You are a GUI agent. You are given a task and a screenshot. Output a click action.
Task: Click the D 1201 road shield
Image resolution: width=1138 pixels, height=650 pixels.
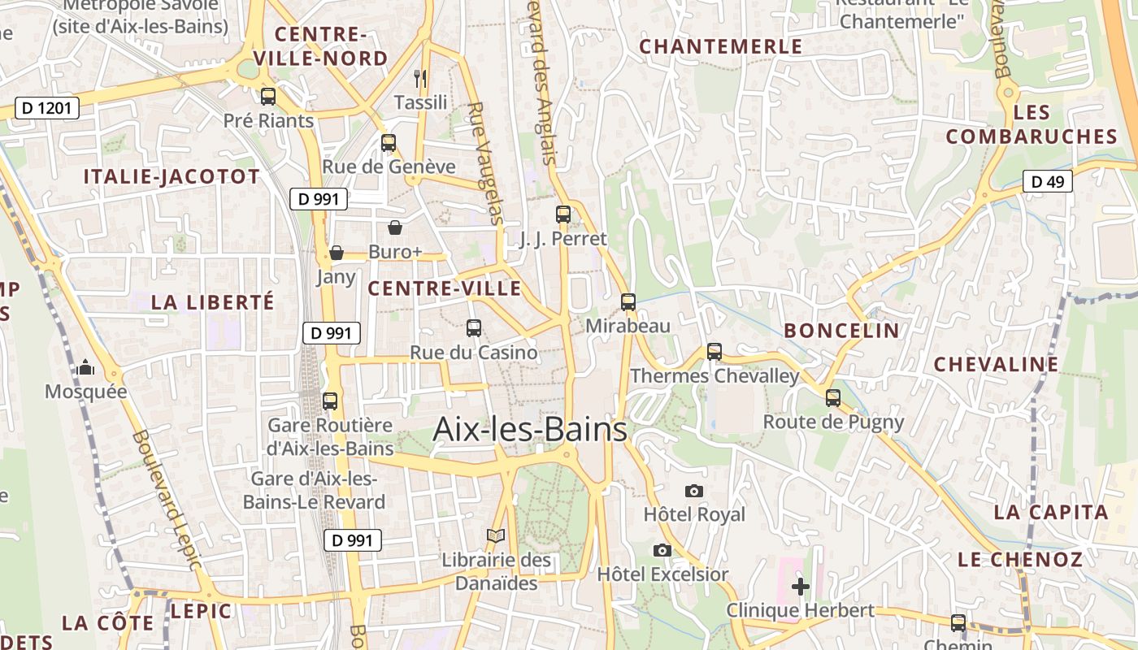pyautogui.click(x=47, y=108)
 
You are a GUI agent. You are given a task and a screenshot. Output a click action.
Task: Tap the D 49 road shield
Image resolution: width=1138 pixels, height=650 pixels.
pyautogui.click(x=1047, y=181)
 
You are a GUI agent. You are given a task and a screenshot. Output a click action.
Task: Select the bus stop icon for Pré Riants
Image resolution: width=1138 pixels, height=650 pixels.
pyautogui.click(x=268, y=97)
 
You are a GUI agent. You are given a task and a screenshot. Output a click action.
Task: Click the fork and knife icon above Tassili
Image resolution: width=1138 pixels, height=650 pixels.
pyautogui.click(x=420, y=79)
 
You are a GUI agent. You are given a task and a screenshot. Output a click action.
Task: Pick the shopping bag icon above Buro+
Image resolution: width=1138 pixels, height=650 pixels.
pyautogui.click(x=395, y=227)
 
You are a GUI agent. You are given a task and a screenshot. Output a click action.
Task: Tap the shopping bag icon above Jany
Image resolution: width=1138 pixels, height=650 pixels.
pyautogui.click(x=336, y=253)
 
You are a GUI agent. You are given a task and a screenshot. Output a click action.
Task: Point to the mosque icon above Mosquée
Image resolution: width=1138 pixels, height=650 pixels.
pyautogui.click(x=85, y=368)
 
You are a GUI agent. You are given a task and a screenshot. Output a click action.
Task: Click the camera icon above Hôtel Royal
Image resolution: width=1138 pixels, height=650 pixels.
pyautogui.click(x=693, y=491)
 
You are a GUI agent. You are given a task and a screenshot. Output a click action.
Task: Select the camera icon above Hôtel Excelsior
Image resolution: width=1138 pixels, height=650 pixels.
pyautogui.click(x=662, y=551)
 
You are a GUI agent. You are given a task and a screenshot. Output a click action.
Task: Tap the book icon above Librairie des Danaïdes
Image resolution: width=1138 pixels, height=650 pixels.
pyautogui.click(x=496, y=536)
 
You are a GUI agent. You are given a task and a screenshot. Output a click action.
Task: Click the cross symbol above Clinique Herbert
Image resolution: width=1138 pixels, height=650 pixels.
pyautogui.click(x=801, y=586)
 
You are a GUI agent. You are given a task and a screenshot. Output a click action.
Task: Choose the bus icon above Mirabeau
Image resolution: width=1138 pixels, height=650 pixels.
pyautogui.click(x=628, y=302)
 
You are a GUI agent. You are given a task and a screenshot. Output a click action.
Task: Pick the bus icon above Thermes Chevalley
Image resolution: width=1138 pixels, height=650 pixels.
pyautogui.click(x=715, y=352)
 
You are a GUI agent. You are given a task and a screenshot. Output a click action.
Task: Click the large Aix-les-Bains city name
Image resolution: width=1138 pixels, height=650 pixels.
pyautogui.click(x=530, y=429)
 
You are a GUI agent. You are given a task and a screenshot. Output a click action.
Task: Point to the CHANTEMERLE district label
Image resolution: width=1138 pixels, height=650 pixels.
pyautogui.click(x=721, y=46)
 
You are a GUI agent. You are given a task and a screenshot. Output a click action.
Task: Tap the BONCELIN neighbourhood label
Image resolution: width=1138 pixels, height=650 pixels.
pyautogui.click(x=841, y=331)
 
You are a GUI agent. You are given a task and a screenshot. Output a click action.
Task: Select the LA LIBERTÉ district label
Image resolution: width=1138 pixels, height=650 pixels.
pyautogui.click(x=213, y=302)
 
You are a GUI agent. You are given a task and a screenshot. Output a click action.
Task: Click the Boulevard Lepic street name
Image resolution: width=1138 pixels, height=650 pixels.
pyautogui.click(x=167, y=500)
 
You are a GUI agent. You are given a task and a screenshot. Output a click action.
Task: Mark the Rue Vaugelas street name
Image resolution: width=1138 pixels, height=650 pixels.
pyautogui.click(x=486, y=162)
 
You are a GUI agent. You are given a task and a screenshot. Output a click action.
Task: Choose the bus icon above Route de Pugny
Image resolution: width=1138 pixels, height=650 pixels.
pyautogui.click(x=833, y=398)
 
